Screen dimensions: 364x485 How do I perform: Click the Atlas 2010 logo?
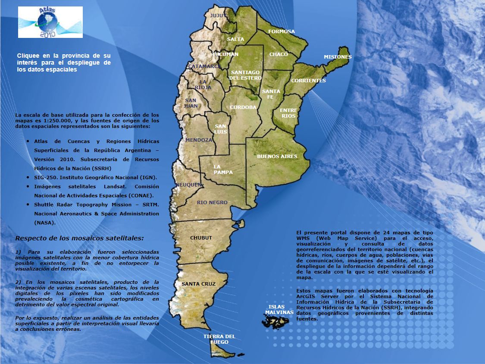pos(50,22)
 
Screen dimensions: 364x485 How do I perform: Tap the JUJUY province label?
pos(218,16)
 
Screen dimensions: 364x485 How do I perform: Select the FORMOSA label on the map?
pos(282,31)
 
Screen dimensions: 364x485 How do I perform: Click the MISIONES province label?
pos(338,57)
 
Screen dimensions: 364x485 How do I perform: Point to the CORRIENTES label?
pos(308,81)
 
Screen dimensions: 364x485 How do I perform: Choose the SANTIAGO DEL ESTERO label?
pos(245,75)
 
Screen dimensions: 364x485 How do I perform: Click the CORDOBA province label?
pos(243,107)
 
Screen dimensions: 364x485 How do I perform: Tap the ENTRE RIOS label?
pos(288,113)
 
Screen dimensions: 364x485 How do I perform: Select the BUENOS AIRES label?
pos(277,156)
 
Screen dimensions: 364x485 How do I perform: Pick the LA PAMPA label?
pos(223,169)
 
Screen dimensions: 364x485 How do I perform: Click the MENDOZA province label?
pos(199,140)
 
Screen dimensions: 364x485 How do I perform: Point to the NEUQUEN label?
pos(188,185)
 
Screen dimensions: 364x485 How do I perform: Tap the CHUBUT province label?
pos(201,238)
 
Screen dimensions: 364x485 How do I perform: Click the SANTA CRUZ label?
pos(198,284)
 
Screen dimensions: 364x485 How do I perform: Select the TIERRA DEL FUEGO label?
pos(219,339)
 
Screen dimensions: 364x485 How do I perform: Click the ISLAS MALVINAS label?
pos(279,309)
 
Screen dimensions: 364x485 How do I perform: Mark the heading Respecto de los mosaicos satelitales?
pos(80,238)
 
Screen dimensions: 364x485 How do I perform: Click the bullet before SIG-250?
pos(28,177)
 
